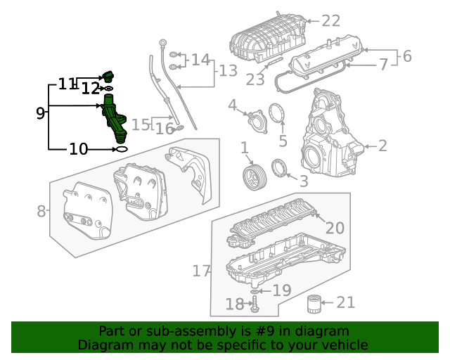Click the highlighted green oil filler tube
coord(115,119)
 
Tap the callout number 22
coord(330,20)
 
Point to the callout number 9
coord(40,112)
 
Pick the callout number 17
coord(201,271)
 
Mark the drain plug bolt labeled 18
coord(255,304)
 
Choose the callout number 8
coord(41,210)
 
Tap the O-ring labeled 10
coord(121,149)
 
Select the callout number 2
coord(382,146)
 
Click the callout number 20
coord(335,228)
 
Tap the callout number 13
coord(229,70)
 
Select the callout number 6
coord(407,56)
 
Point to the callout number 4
coord(233,105)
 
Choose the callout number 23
coord(255,79)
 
